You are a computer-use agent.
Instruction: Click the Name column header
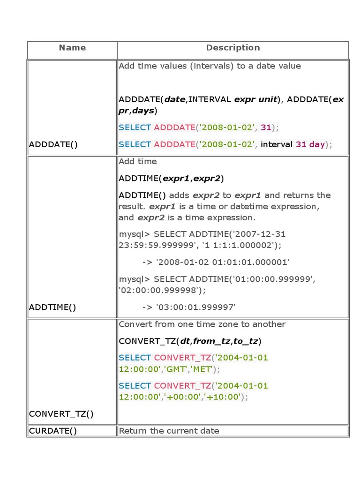tap(72, 48)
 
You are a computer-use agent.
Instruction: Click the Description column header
tap(233, 48)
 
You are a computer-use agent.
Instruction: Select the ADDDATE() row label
tap(53, 144)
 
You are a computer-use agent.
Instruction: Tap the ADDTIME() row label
tap(52, 307)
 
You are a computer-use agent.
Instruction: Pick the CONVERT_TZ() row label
tap(61, 413)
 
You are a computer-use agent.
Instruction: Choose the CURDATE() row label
tap(53, 431)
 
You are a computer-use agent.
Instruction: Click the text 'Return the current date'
tap(169, 431)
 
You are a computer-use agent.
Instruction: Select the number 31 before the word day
tap(301, 144)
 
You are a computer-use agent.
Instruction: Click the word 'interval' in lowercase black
tap(277, 144)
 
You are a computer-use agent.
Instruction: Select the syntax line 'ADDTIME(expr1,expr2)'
tap(171, 179)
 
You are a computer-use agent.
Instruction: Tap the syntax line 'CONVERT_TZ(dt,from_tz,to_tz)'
tap(190, 341)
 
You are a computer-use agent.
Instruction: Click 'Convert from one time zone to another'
tap(202, 324)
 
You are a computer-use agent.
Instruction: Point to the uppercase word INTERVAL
tap(210, 99)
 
